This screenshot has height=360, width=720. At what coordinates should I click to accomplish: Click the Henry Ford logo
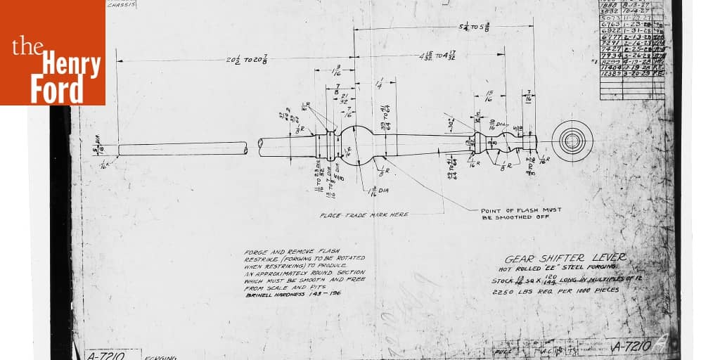53,53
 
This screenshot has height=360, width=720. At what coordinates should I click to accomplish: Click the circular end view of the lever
572,141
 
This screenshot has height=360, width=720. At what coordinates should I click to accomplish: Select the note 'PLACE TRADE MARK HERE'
364,215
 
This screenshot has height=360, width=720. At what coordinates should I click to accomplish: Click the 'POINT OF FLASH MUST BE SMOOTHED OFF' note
521,214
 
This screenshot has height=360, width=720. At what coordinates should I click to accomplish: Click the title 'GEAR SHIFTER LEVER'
565,257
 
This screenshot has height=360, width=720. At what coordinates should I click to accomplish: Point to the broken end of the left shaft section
245,149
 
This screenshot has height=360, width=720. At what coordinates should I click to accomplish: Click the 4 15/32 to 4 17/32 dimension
438,55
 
